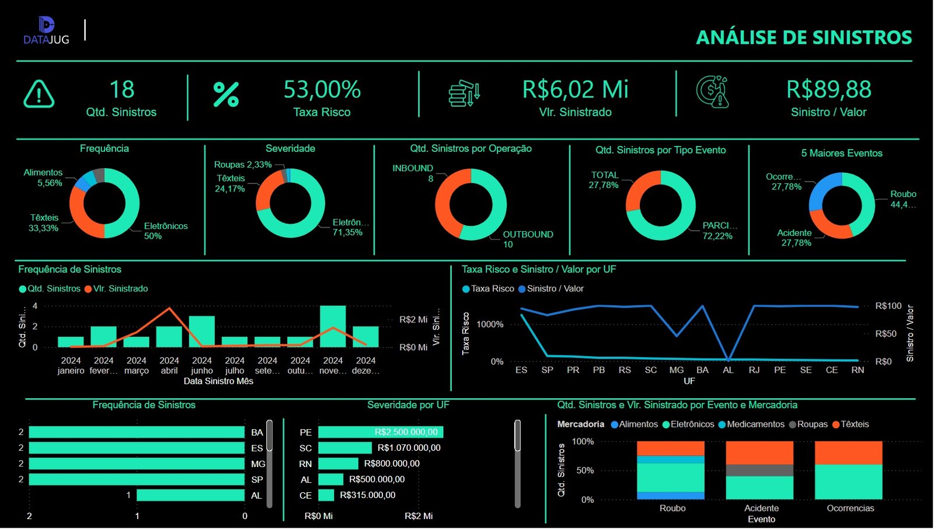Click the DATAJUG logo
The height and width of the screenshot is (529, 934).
click(x=46, y=31)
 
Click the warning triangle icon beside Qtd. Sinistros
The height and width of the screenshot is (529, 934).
click(x=39, y=94)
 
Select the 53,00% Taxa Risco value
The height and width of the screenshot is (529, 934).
click(x=322, y=89)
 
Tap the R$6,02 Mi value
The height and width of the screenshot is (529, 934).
click(x=575, y=89)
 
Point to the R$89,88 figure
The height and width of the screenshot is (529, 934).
click(x=828, y=89)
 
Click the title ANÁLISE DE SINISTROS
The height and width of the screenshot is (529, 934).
click(x=804, y=37)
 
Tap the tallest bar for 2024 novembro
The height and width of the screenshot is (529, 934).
click(x=333, y=326)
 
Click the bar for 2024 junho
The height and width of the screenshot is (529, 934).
click(x=202, y=332)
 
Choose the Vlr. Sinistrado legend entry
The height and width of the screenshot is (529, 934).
click(x=120, y=288)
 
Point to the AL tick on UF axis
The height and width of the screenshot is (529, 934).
click(x=728, y=370)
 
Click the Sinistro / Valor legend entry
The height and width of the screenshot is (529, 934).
click(x=554, y=288)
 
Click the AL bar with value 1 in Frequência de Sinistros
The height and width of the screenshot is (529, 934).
click(x=190, y=495)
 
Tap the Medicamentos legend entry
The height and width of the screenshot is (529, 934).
click(x=755, y=424)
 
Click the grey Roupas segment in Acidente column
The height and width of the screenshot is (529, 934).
click(x=759, y=470)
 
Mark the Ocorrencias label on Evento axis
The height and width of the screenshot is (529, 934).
click(x=850, y=508)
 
